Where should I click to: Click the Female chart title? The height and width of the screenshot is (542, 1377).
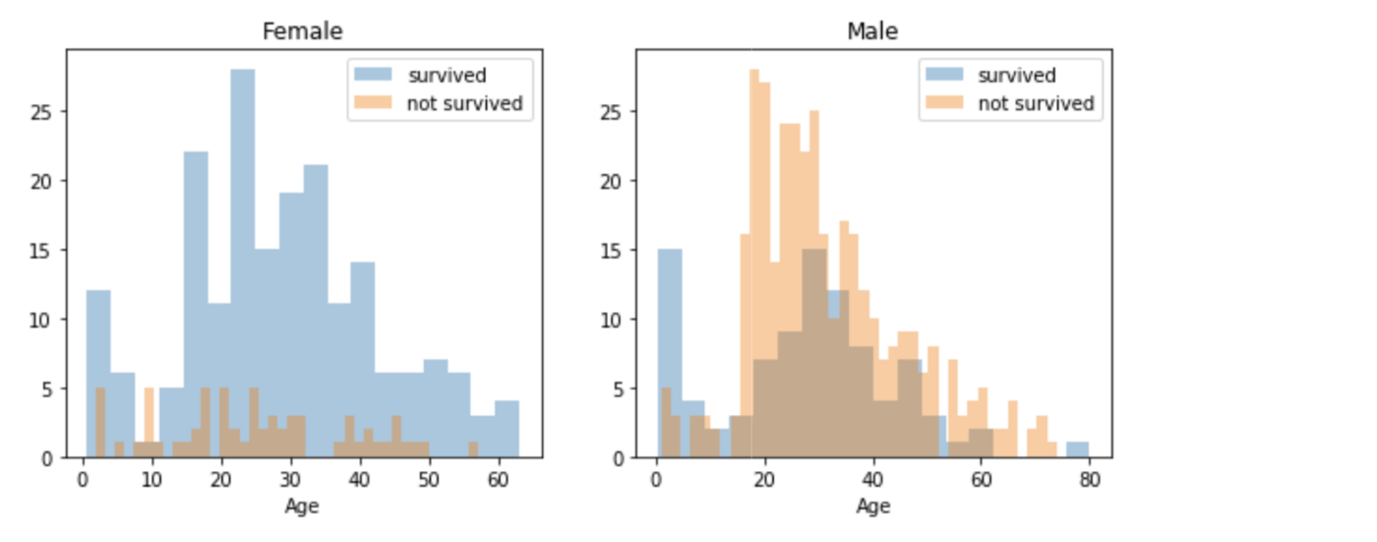[302, 31]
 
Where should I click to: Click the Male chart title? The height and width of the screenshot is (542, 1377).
[872, 31]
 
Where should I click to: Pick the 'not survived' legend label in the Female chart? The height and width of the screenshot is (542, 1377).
[464, 103]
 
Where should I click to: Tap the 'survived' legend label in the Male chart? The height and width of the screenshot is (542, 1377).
[1016, 76]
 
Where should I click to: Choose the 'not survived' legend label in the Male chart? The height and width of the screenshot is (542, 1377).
[1035, 103]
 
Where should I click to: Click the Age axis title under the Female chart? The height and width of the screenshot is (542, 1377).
[302, 507]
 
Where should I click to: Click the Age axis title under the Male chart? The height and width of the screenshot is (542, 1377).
[872, 507]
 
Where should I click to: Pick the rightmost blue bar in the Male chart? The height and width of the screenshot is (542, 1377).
[1077, 451]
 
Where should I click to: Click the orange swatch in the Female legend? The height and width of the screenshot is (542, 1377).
[373, 103]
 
